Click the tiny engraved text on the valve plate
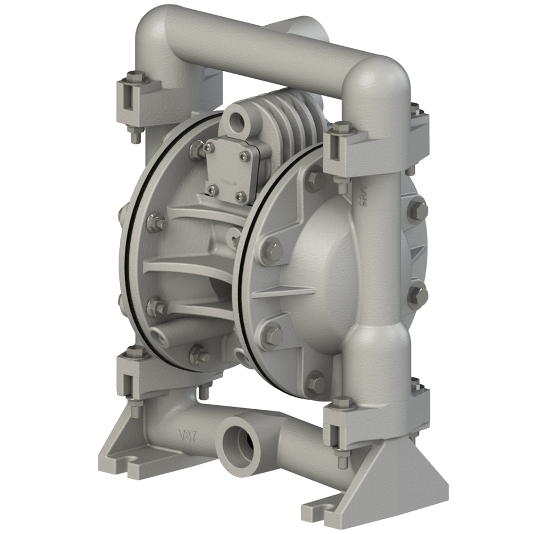tap(228, 181)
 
